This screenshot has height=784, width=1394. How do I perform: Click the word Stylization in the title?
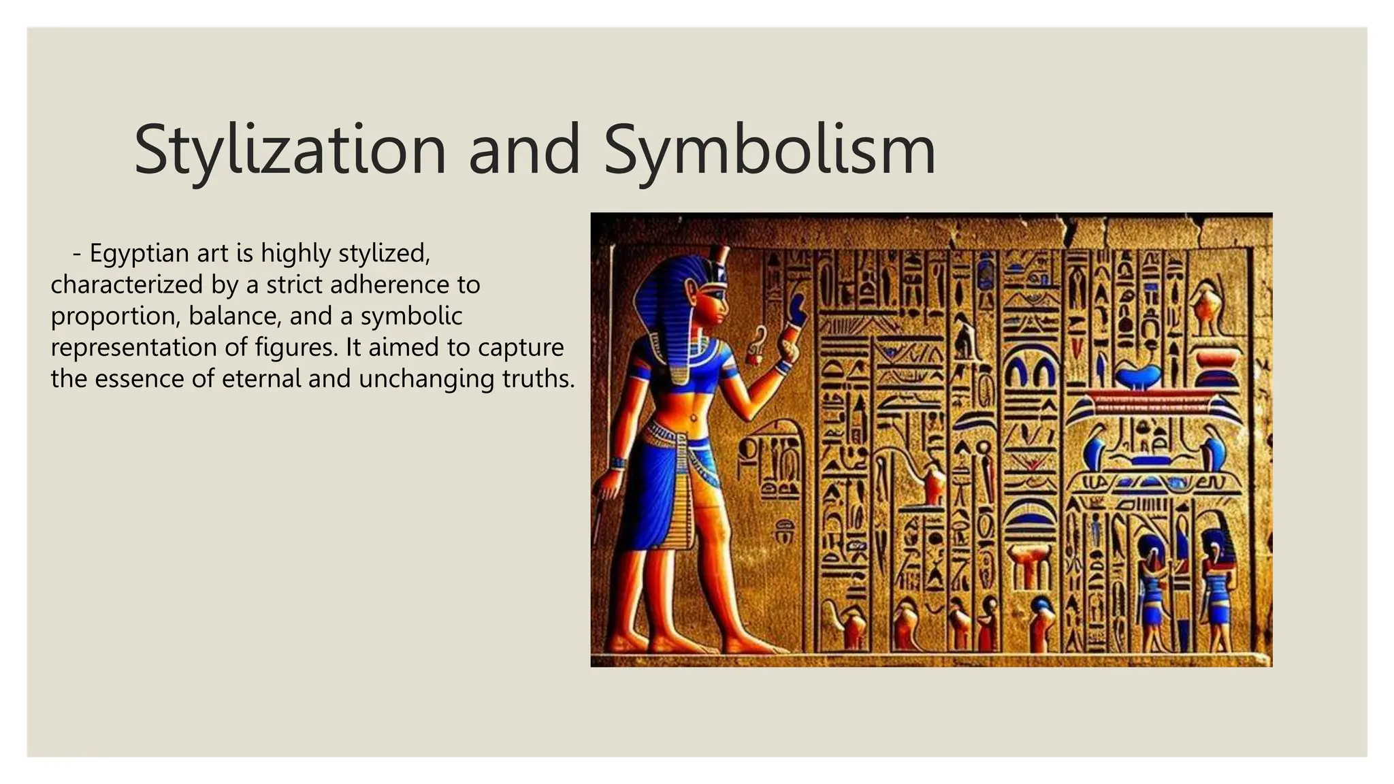[x=289, y=150]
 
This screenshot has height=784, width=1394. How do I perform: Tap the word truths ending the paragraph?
[x=538, y=378]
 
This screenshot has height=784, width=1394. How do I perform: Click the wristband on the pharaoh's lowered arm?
[x=618, y=463]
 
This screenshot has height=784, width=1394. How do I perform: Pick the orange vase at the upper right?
[x=1206, y=306]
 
